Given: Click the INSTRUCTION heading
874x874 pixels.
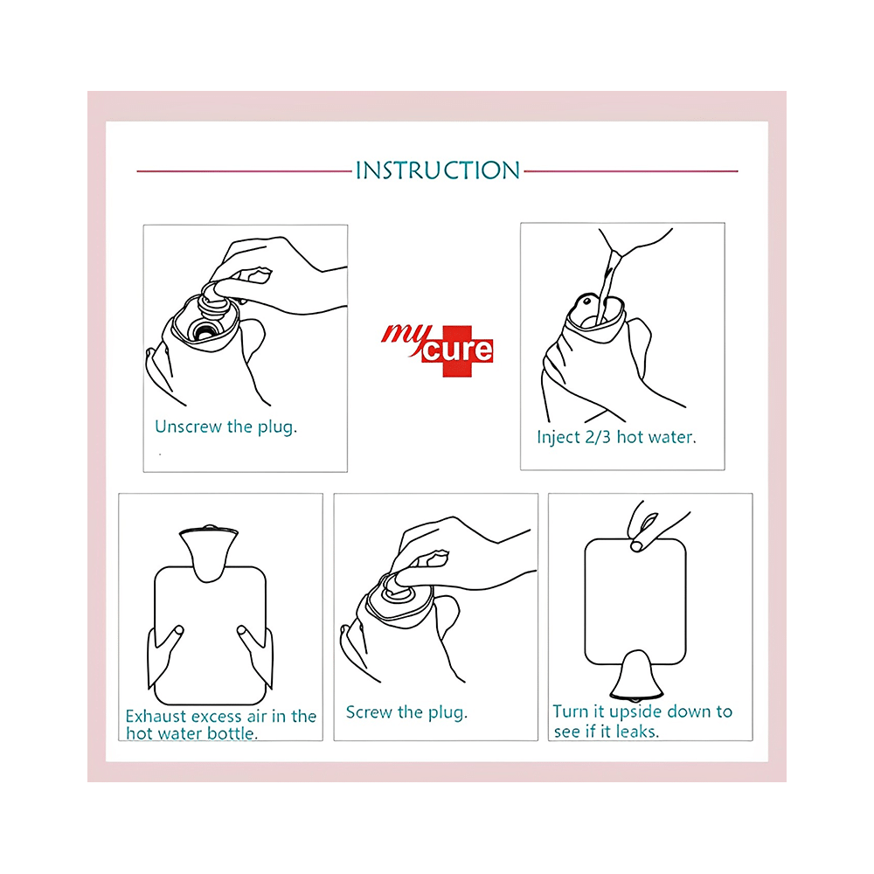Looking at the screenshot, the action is pyautogui.click(x=438, y=170).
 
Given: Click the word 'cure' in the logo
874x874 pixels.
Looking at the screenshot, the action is pyautogui.click(x=458, y=350).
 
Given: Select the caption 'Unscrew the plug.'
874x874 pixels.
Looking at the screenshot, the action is pyautogui.click(x=225, y=427).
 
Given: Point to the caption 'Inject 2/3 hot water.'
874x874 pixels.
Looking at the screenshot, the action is pyautogui.click(x=616, y=437).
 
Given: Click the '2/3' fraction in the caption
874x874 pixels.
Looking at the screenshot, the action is pyautogui.click(x=598, y=437).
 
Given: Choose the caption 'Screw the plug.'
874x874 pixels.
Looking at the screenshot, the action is pyautogui.click(x=406, y=712).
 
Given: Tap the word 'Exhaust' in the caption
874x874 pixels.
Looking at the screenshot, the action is pyautogui.click(x=156, y=716).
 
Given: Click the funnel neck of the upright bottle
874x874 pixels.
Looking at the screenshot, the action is pyautogui.click(x=209, y=554).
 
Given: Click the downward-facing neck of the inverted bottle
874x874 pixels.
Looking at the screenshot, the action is pyautogui.click(x=636, y=676).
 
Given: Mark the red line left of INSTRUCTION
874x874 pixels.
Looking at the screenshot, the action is pyautogui.click(x=244, y=171).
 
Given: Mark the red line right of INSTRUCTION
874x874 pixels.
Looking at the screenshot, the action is pyautogui.click(x=631, y=171).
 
